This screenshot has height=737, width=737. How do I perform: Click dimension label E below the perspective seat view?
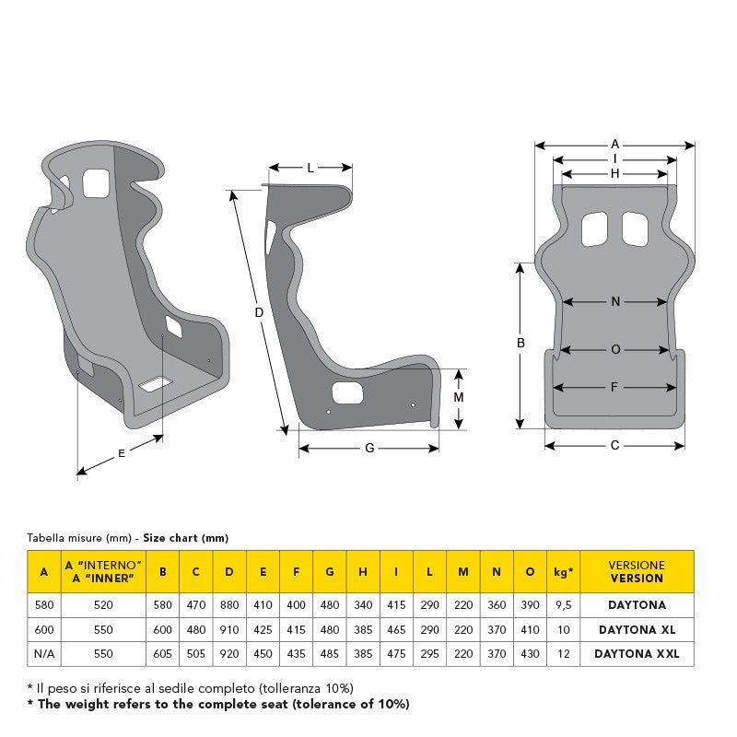(122, 452)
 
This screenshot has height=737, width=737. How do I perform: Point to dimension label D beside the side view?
(259, 312)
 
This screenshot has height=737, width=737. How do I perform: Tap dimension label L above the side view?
(310, 168)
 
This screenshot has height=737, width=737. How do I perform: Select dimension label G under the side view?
(369, 448)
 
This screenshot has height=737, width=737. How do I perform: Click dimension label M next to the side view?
(459, 397)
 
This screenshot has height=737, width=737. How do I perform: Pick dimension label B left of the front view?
(521, 342)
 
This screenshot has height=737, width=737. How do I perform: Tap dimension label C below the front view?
(614, 445)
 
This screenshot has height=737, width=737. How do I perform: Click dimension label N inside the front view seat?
(614, 301)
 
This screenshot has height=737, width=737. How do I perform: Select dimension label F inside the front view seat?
(614, 387)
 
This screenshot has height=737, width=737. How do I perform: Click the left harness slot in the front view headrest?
(595, 229)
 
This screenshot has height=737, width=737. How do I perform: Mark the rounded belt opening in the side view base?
(347, 394)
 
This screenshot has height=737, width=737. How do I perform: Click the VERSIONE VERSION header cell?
(636, 572)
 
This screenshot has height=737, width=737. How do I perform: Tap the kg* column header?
(564, 572)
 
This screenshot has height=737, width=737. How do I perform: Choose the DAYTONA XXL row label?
(636, 653)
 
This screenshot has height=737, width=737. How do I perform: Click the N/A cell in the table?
(43, 653)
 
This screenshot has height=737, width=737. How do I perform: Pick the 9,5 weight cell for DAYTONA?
(564, 605)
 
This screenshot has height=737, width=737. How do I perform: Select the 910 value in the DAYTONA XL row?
(229, 629)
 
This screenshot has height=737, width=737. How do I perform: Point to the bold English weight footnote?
(218, 705)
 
